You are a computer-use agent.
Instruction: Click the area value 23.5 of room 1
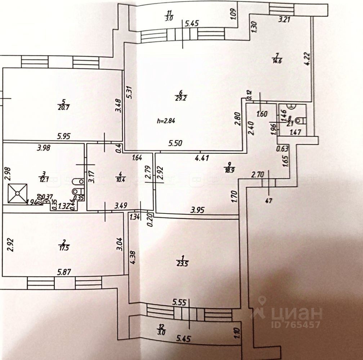coord(183,263)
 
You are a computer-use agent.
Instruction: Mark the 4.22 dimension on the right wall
coord(307,58)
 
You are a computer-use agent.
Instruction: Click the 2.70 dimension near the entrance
coord(259,176)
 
